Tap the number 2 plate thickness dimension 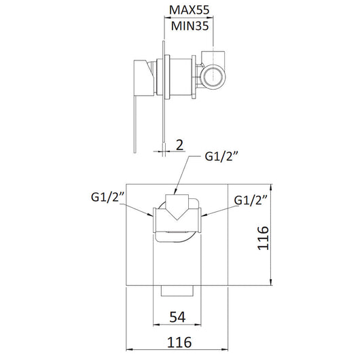click(x=179, y=144)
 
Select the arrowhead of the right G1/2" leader click(x=202, y=216)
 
